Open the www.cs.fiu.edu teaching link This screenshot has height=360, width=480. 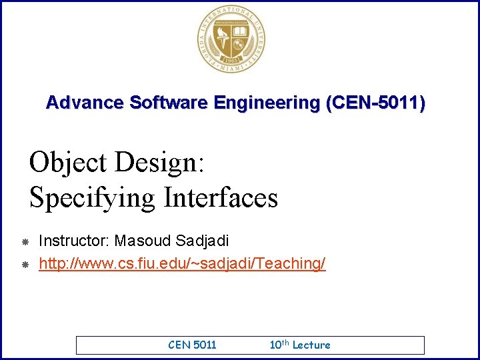(x=182, y=264)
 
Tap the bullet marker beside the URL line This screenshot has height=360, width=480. (x=23, y=265)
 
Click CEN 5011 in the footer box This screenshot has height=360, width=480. (x=192, y=345)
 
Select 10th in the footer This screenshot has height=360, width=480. (x=279, y=344)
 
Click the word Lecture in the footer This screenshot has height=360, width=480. (x=311, y=345)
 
